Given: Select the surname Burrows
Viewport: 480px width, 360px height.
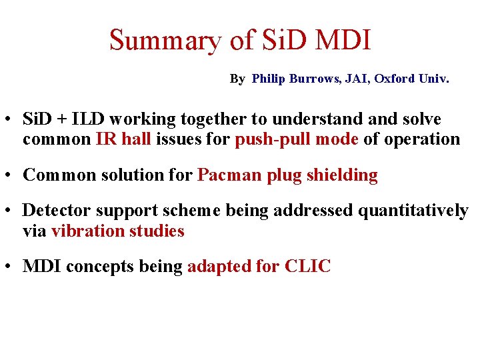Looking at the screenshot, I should click(x=313, y=79).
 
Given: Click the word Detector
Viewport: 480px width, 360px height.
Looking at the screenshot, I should click(x=55, y=211).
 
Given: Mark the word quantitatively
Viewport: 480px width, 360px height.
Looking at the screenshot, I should click(x=413, y=211).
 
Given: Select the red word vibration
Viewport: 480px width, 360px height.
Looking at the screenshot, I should click(x=85, y=231).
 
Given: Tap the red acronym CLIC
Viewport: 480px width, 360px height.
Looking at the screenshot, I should click(x=307, y=267).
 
